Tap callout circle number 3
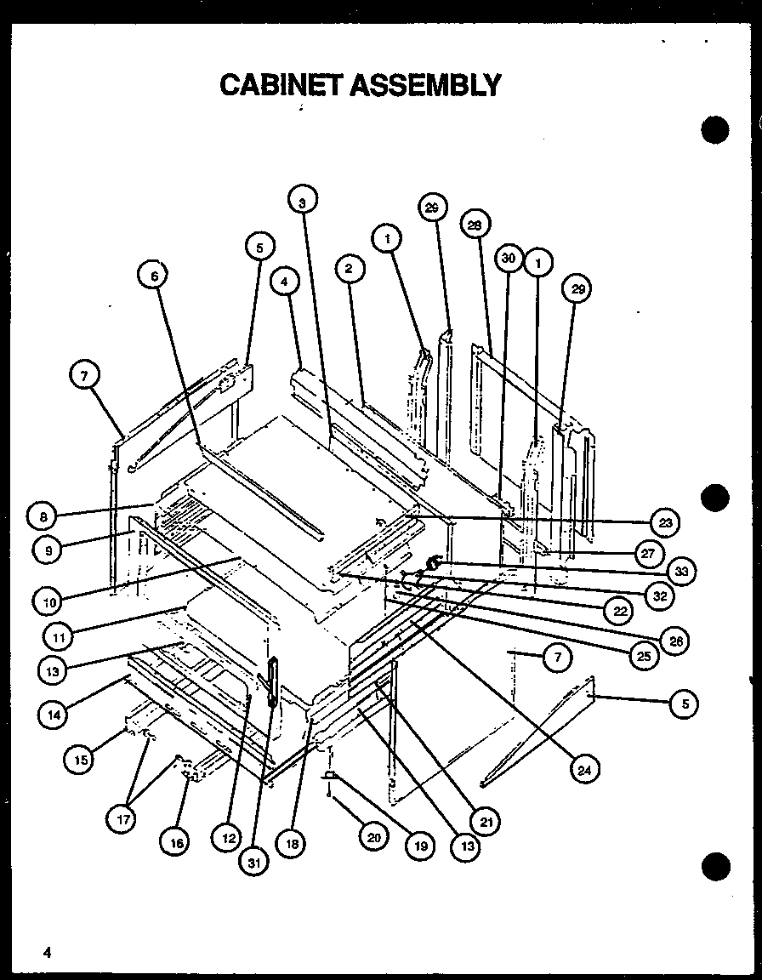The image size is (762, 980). click(302, 202)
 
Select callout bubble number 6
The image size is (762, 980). click(154, 275)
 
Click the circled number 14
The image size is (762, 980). click(53, 715)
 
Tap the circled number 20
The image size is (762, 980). click(373, 836)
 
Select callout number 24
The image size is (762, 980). click(583, 770)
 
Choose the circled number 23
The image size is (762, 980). click(664, 521)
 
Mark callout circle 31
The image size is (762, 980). click(254, 862)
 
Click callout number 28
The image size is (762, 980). click(475, 225)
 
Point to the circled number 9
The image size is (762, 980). click(48, 550)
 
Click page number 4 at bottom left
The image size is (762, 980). click(48, 953)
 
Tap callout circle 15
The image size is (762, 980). click(80, 759)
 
